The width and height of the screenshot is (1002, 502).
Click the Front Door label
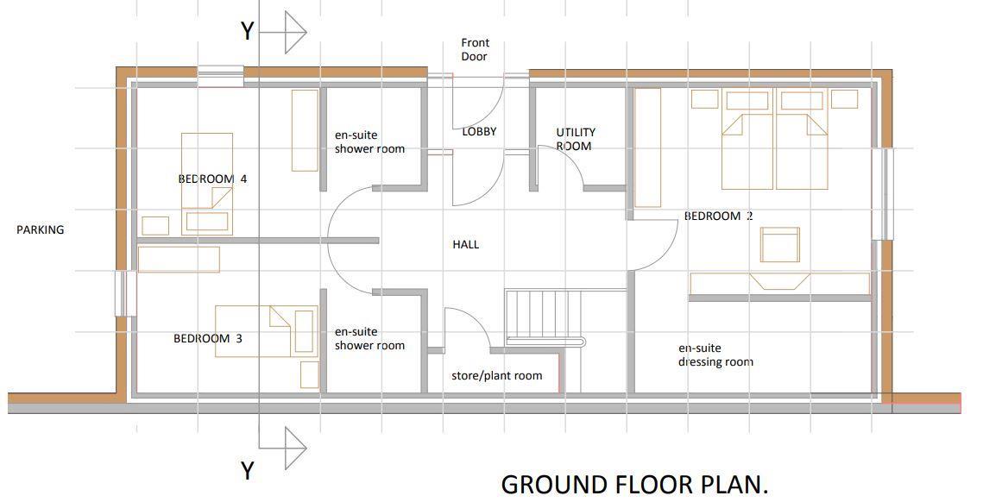(x=475, y=50)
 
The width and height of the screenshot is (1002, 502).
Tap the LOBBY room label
(x=479, y=132)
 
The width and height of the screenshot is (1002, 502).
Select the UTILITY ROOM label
(x=575, y=139)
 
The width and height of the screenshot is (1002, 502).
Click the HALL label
(x=466, y=245)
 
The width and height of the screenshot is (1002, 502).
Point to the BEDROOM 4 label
(x=212, y=179)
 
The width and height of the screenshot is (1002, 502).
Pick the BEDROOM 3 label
(x=208, y=338)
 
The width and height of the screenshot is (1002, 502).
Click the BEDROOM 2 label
(x=718, y=216)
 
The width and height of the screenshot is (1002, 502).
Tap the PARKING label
(x=41, y=230)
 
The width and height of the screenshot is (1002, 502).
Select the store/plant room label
(x=496, y=376)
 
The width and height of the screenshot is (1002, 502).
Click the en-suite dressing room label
(x=715, y=355)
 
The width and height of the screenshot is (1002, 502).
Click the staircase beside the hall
(x=545, y=317)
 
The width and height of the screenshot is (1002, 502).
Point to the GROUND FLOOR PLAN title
(x=634, y=484)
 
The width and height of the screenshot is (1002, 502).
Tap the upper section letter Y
(x=248, y=31)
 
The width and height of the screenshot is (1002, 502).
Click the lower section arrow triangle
(x=294, y=449)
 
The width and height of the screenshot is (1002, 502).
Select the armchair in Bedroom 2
(x=779, y=245)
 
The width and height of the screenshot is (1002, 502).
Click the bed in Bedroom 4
(x=206, y=184)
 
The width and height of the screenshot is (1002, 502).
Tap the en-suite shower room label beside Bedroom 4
(x=369, y=142)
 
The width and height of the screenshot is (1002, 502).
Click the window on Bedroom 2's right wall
(x=883, y=194)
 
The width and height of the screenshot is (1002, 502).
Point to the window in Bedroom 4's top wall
(x=220, y=76)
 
